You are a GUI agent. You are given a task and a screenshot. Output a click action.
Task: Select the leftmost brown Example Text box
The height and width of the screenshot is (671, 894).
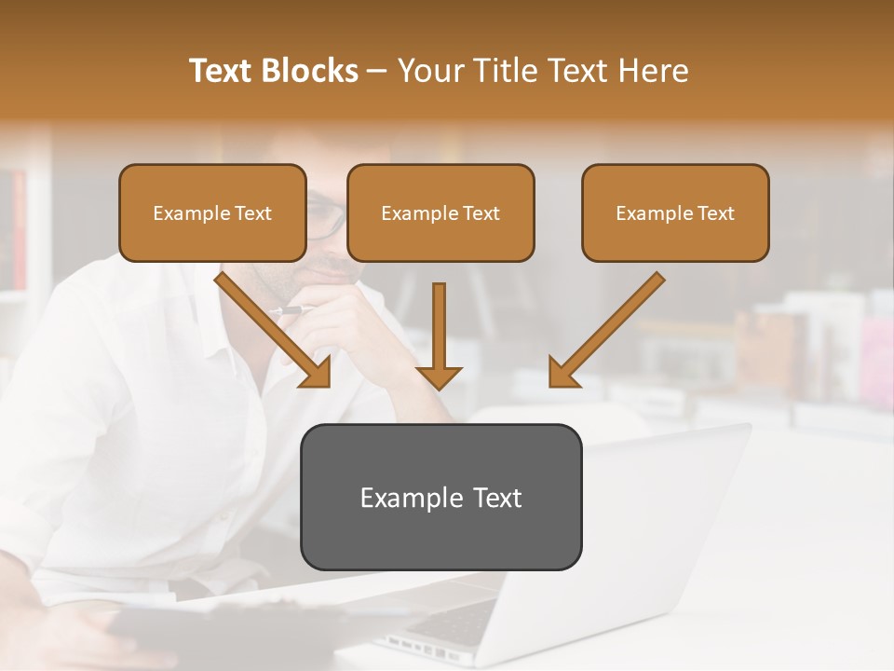click(x=212, y=212)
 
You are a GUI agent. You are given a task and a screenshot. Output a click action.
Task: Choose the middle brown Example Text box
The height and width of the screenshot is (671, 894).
click(x=440, y=212)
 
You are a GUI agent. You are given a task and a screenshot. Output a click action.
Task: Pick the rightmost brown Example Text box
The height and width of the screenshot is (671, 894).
click(x=675, y=212)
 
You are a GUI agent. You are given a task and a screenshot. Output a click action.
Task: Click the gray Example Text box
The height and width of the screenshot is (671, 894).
click(x=440, y=497)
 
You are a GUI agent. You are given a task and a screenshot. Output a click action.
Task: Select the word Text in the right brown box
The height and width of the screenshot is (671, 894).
click(x=716, y=213)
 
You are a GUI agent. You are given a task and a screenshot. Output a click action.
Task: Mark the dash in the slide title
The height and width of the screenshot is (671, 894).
click(x=377, y=72)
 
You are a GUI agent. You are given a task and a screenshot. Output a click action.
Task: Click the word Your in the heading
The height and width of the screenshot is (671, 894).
click(x=429, y=71)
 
